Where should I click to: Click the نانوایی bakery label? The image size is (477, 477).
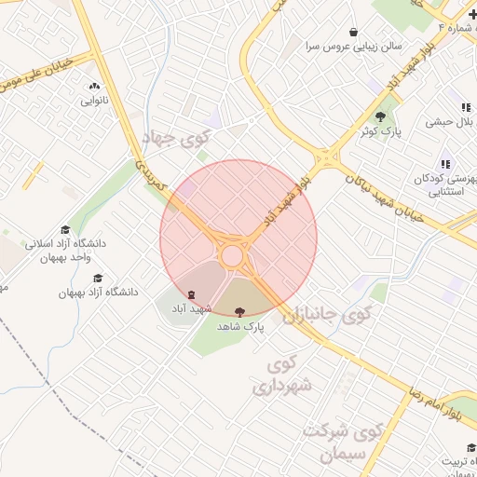tap(94, 100)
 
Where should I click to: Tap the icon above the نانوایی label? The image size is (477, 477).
tap(93, 83)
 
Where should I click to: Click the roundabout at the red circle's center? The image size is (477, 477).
tap(232, 255)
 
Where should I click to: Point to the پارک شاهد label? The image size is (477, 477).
tap(241, 327)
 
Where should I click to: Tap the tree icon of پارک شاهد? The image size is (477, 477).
tap(241, 312)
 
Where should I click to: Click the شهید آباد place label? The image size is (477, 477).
tap(191, 308)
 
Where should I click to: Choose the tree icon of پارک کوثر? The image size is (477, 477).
tap(381, 116)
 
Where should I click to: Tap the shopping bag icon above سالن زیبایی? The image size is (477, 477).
tap(352, 30)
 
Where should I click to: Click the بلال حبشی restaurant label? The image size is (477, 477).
tap(452, 121)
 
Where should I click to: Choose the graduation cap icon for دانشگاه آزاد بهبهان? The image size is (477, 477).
tap(98, 278)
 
